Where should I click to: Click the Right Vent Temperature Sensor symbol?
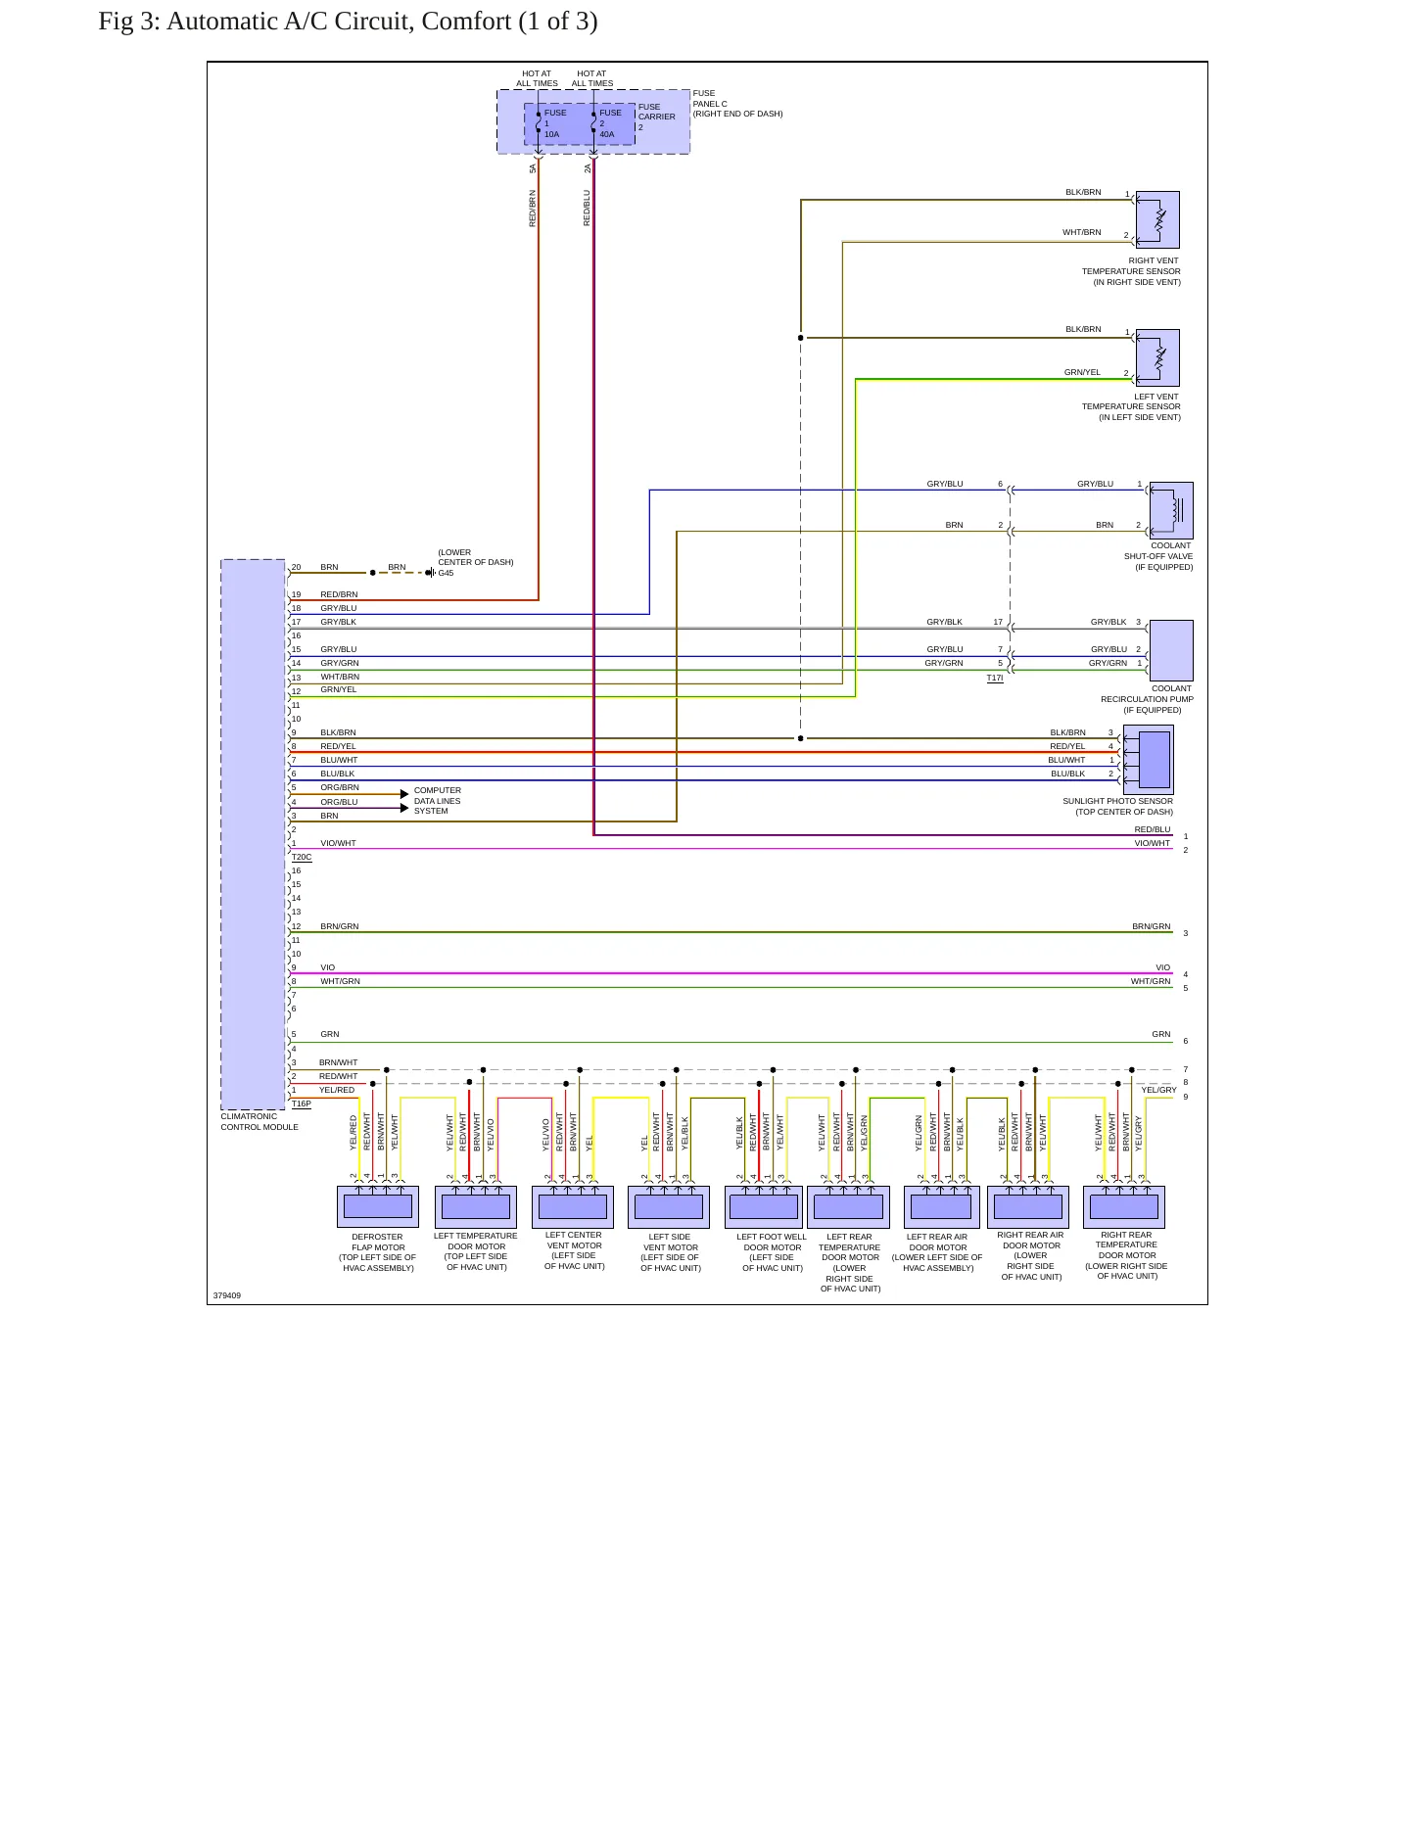point(1157,219)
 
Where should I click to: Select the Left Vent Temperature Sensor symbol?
point(1157,357)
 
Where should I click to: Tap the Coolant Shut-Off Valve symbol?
point(1171,510)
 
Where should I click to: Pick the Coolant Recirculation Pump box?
point(1171,650)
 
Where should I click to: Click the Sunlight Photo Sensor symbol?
point(1149,760)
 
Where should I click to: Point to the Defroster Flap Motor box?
point(378,1207)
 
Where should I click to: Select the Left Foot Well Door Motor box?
point(764,1207)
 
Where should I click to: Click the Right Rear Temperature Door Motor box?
point(1124,1207)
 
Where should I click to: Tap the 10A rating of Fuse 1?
point(552,134)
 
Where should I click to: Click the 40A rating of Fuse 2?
point(607,134)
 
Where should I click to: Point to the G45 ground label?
point(446,573)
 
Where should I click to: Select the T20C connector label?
point(302,857)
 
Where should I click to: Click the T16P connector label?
point(302,1103)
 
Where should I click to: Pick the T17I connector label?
point(995,678)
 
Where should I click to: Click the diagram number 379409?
point(227,1295)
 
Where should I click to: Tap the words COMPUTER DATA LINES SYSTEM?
point(438,801)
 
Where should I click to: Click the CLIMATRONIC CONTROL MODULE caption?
point(259,1121)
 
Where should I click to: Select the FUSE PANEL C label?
point(710,98)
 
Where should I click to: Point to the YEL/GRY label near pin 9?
point(1158,1090)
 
